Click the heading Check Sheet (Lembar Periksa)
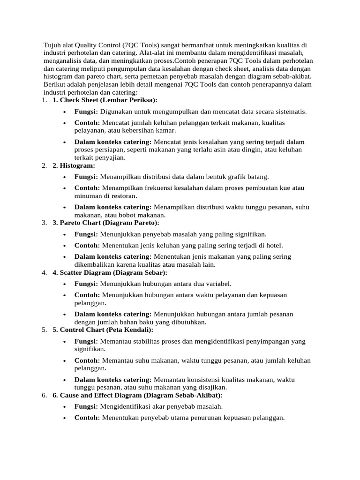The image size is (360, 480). [x=105, y=100]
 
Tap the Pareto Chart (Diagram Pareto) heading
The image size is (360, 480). [x=106, y=223]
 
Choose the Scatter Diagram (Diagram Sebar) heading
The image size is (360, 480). [x=110, y=272]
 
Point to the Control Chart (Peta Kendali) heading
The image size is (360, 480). [x=103, y=330]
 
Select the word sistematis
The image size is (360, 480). [x=290, y=112]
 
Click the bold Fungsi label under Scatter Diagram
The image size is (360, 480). [x=86, y=284]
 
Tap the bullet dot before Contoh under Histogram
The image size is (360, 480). [x=63, y=188]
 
